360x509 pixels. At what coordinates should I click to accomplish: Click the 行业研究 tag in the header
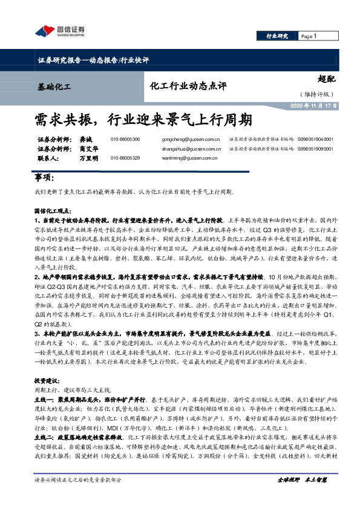(x=278, y=37)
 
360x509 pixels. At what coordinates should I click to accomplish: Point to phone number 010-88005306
(x=125, y=140)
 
